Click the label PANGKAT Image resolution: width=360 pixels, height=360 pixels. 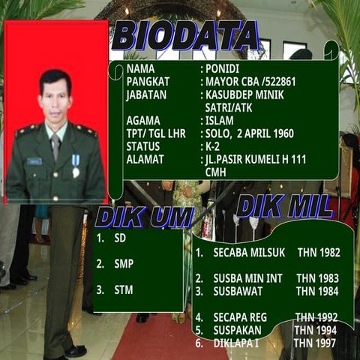tap(148, 81)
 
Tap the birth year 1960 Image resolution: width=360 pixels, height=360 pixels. tap(279, 133)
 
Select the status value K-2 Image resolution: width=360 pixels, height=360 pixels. tap(214, 146)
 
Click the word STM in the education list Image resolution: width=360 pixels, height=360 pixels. tap(124, 289)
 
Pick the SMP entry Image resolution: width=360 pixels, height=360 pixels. tap(124, 264)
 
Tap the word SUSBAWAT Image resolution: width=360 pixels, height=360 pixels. tap(241, 290)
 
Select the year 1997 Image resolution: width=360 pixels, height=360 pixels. tap(323, 343)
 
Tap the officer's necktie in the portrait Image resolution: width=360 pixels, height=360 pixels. tap(55, 147)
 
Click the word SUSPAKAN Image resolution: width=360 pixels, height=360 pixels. tap(239, 330)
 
